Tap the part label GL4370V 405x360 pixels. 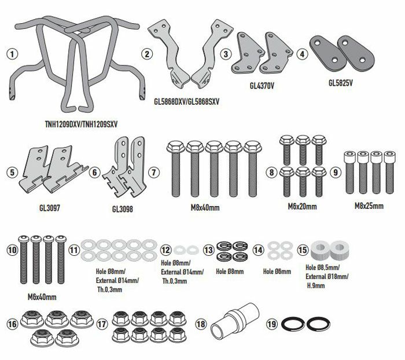262,86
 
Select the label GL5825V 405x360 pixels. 340,83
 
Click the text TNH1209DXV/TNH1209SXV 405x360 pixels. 81,124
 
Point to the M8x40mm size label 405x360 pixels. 205,208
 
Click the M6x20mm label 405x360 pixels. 302,207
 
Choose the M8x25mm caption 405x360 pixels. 369,206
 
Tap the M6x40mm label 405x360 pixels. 42,297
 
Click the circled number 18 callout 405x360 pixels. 201,324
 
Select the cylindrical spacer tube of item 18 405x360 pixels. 235,321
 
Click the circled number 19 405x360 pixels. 271,324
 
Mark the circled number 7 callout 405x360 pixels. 154,172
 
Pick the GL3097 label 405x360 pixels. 50,208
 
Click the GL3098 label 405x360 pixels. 123,209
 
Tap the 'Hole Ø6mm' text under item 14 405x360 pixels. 277,271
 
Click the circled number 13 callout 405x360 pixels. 209,250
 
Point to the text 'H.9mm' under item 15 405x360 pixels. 316,285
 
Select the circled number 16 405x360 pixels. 12,324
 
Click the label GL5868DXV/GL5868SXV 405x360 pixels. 186,101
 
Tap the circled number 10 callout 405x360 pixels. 12,250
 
